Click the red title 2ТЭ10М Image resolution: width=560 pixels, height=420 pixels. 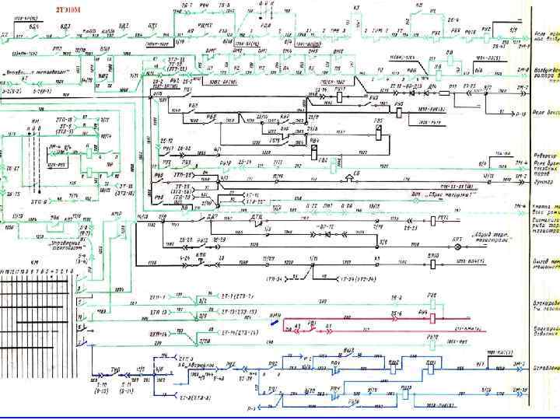pyautogui.click(x=68, y=10)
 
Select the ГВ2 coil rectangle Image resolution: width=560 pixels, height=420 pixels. pyautogui.click(x=334, y=164)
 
